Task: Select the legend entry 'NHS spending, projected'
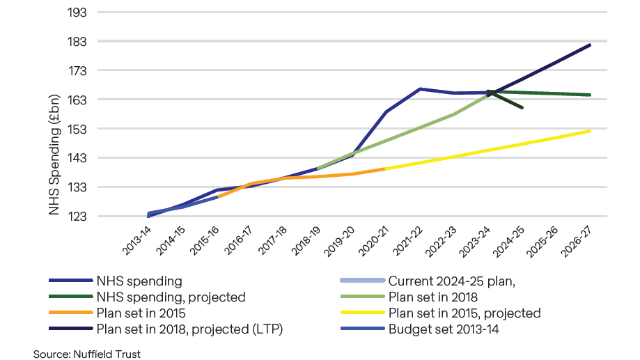coord(172,297)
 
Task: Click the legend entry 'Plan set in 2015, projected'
coord(464,313)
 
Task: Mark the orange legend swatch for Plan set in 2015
coord(70,313)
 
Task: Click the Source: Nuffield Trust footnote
coord(86,354)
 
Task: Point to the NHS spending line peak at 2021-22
coord(420,89)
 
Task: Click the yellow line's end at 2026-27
coord(590,131)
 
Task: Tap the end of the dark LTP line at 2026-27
coord(590,45)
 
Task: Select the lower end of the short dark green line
coord(522,108)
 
